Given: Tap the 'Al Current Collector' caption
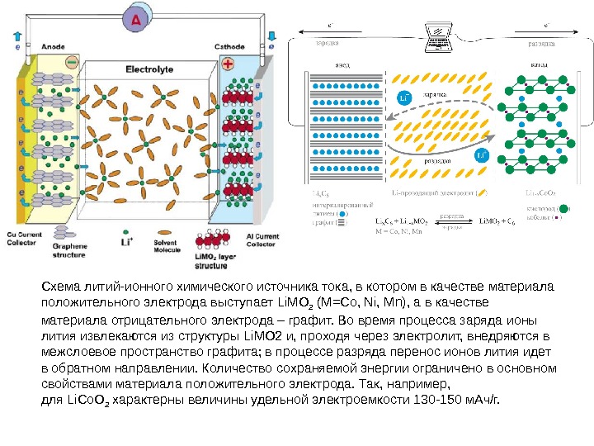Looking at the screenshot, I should pyautogui.click(x=262, y=240).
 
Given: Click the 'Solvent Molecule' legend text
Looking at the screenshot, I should pyautogui.click(x=170, y=246).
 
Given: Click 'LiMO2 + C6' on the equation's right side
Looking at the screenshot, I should pyautogui.click(x=497, y=221).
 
